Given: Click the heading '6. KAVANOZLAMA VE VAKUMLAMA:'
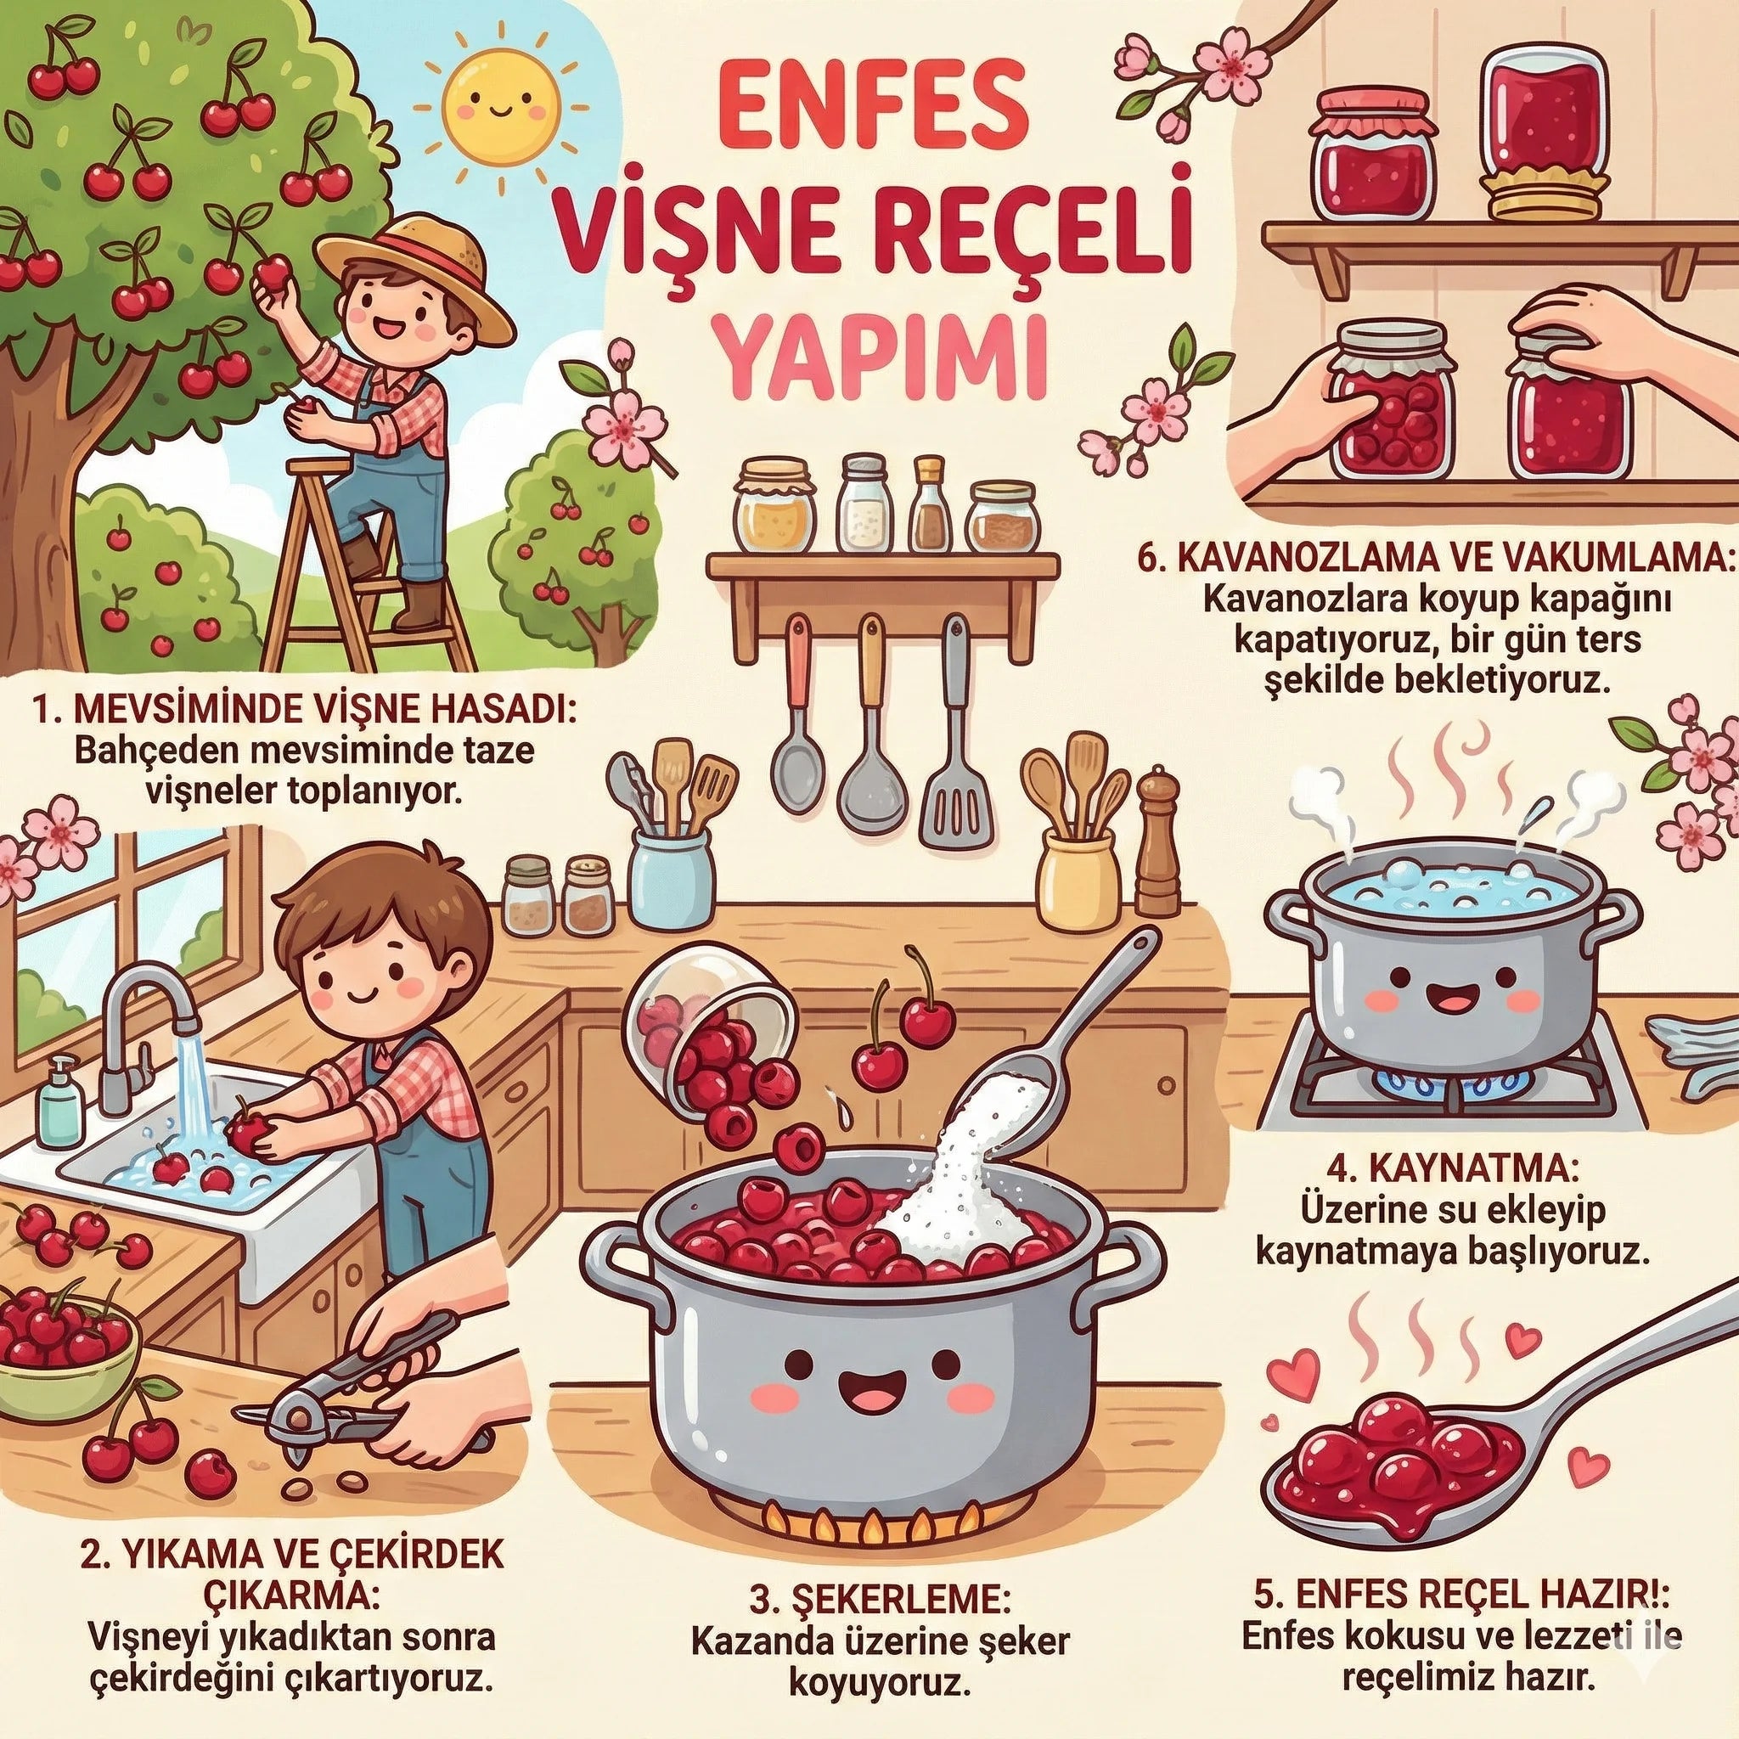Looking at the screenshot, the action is pos(1437,552).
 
